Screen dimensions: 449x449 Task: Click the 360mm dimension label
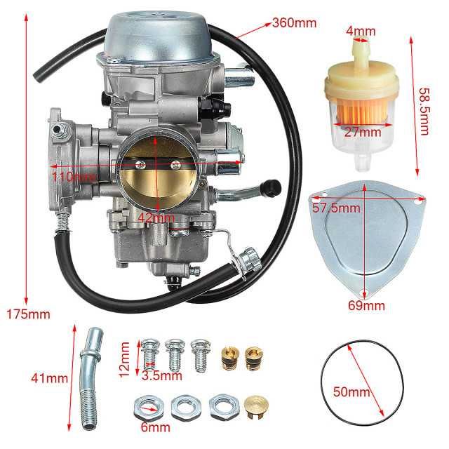pyautogui.click(x=295, y=22)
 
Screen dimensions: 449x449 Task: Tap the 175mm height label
pyautogui.click(x=20, y=314)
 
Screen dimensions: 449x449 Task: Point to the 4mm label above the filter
pyautogui.click(x=361, y=30)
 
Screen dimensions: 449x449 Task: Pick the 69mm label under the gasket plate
pyautogui.click(x=366, y=305)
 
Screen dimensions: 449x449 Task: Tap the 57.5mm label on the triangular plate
pyautogui.click(x=336, y=208)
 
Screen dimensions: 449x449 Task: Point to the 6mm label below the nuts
pyautogui.click(x=155, y=425)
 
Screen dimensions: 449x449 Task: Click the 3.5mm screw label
pyautogui.click(x=158, y=375)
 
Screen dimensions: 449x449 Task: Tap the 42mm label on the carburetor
pyautogui.click(x=155, y=217)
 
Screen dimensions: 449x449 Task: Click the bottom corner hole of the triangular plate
pyautogui.click(x=364, y=293)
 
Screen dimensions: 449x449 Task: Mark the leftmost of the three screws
pyautogui.click(x=148, y=351)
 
